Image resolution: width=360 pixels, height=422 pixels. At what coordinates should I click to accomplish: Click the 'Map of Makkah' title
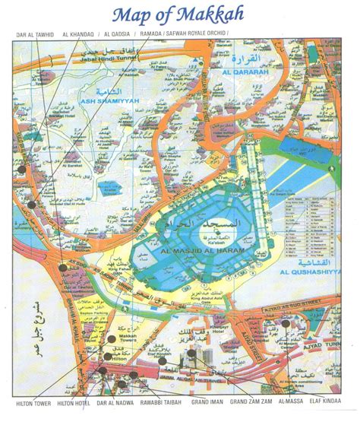point(179,15)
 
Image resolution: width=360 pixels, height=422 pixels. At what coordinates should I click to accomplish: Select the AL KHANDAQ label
point(80,35)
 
